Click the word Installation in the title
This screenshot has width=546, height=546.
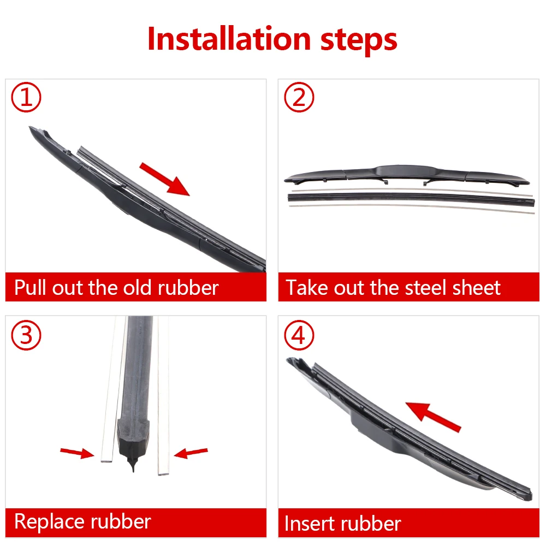229,38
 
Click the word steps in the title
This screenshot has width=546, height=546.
359,41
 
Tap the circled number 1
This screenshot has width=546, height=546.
26,97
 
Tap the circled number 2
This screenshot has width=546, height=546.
299,97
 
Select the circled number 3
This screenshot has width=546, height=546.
26,335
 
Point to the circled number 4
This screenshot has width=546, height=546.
299,335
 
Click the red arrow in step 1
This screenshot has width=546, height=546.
165,179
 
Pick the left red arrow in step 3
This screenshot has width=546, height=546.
77,453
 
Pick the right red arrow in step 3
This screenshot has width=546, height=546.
191,453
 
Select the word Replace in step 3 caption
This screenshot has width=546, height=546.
50,522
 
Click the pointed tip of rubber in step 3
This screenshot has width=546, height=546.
133,471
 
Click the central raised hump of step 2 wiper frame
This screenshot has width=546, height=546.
406,170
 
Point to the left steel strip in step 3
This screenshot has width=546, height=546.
112,390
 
